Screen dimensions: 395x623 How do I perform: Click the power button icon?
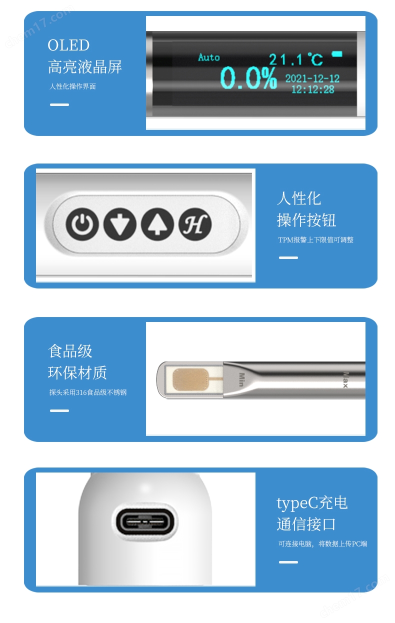pyautogui.click(x=82, y=224)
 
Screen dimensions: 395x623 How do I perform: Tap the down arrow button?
pyautogui.click(x=120, y=224)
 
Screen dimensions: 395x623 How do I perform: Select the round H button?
pyautogui.click(x=195, y=224)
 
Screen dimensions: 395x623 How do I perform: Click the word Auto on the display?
pyautogui.click(x=209, y=57)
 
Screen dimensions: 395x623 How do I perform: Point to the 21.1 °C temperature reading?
pyautogui.click(x=296, y=59)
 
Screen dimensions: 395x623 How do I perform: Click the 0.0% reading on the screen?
pyautogui.click(x=248, y=78)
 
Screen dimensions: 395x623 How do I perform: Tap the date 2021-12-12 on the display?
pyautogui.click(x=312, y=78)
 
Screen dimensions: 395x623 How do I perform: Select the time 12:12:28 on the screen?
pyautogui.click(x=313, y=89)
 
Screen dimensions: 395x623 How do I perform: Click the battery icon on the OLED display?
pyautogui.click(x=337, y=54)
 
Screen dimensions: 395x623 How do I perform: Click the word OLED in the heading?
pyautogui.click(x=68, y=45)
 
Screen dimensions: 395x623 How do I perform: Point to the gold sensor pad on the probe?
pyautogui.click(x=190, y=379)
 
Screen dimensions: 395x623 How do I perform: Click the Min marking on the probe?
pyautogui.click(x=241, y=379)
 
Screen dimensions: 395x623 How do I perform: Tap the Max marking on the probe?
pyautogui.click(x=345, y=380)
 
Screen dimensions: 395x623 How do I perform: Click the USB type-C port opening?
pyautogui.click(x=144, y=522)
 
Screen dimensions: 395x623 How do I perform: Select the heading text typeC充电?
pyautogui.click(x=312, y=503)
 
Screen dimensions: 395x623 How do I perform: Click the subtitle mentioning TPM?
pyautogui.click(x=315, y=239)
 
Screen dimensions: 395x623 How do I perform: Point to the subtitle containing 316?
pyautogui.click(x=88, y=392)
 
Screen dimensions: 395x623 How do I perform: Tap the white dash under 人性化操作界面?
pyautogui.click(x=59, y=104)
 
